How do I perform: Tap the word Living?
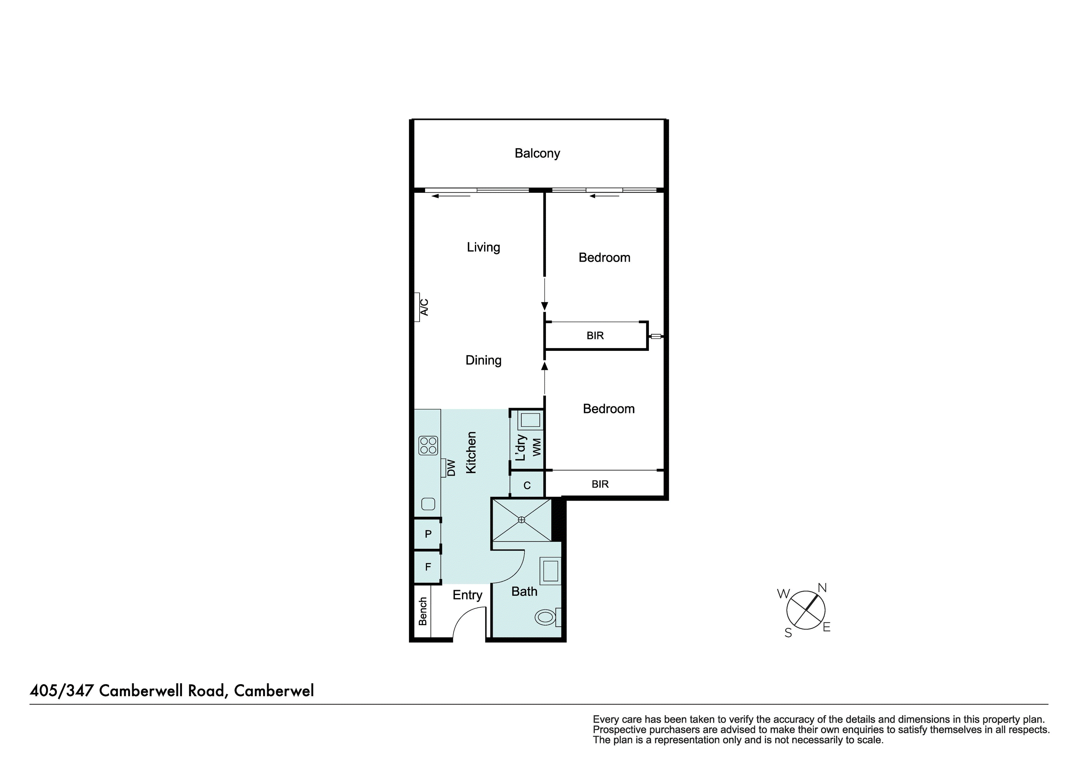coord(483,247)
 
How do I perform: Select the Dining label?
coord(483,360)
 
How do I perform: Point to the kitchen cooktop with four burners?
coord(428,445)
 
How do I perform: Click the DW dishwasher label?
coord(451,468)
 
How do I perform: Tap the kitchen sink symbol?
coord(428,504)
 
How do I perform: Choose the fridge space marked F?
coord(428,567)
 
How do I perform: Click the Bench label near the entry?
coord(423,611)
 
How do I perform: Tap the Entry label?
coord(467,595)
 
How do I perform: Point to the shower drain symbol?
coord(521,520)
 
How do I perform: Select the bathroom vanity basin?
coord(550,571)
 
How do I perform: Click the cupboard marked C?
coord(527,485)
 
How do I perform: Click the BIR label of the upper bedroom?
coord(595,336)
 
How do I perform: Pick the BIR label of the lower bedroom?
coord(600,484)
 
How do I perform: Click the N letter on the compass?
coord(822,588)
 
